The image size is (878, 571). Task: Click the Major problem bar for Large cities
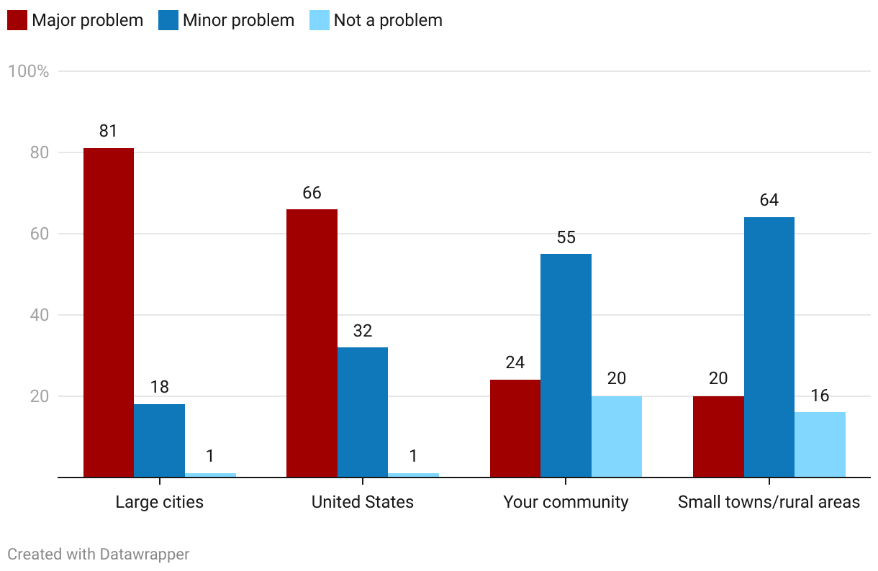(109, 312)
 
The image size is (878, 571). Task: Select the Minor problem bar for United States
(363, 412)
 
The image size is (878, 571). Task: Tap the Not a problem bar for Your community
(617, 437)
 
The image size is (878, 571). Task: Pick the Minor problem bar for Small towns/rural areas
(769, 347)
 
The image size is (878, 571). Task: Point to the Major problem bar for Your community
(515, 428)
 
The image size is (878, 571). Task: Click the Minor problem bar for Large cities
(159, 440)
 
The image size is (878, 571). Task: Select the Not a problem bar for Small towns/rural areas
(820, 444)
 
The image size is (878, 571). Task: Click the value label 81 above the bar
(109, 131)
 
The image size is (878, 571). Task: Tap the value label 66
(312, 193)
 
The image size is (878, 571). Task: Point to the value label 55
(566, 237)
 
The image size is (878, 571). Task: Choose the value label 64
(769, 200)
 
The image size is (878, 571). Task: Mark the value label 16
(820, 395)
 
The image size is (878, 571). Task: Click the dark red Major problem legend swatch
(17, 20)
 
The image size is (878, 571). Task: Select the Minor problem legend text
(238, 20)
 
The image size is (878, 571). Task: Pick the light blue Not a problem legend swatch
(320, 20)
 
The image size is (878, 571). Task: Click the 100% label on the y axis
(28, 71)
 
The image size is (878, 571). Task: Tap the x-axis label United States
(363, 502)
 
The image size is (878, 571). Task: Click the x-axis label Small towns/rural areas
(769, 502)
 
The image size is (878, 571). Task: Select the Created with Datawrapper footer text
(99, 554)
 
